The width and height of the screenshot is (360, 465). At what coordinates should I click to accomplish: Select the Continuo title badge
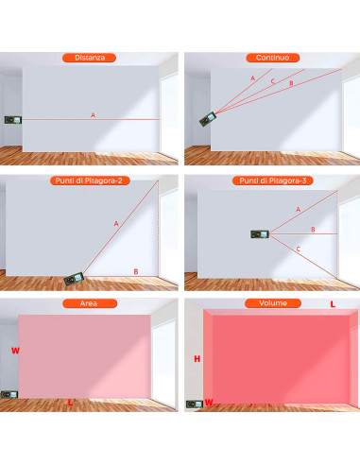(271, 58)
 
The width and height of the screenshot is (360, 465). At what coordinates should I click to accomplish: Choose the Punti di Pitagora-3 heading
(271, 180)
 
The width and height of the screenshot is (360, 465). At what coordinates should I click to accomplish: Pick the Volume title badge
(271, 303)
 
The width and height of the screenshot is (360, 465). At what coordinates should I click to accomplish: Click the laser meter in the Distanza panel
(12, 120)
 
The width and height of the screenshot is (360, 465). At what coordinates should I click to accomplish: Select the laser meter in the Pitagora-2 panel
(74, 279)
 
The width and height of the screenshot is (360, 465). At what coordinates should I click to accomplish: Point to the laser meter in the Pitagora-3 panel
(260, 232)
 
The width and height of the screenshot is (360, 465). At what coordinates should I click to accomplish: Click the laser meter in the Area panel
(9, 396)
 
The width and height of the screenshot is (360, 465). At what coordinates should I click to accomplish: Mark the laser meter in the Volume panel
(195, 404)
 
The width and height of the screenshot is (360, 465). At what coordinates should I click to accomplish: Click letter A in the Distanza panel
(93, 114)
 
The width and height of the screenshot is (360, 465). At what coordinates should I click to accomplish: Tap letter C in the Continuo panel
(273, 81)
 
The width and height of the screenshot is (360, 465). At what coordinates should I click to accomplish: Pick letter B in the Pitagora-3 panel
(313, 229)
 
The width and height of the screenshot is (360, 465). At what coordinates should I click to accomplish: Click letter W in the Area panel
(14, 350)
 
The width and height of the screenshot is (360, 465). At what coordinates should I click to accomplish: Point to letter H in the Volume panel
(197, 359)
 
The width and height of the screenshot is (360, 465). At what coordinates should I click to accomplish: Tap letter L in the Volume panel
(332, 304)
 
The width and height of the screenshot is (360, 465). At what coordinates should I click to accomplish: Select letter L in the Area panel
(73, 403)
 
